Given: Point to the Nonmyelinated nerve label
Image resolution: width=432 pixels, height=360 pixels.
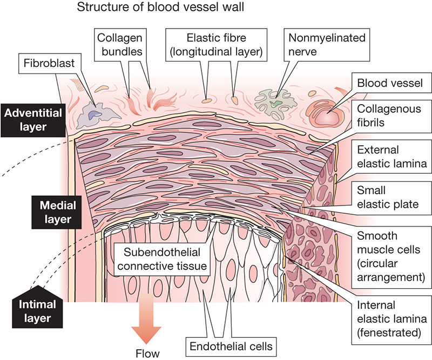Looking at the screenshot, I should coord(319,44).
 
